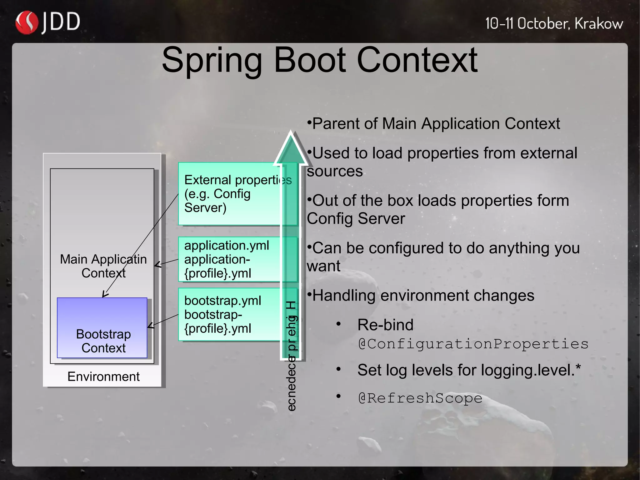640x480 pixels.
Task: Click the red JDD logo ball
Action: tap(26, 23)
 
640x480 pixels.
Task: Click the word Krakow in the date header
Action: tap(598, 24)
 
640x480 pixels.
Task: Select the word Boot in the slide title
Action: tap(310, 60)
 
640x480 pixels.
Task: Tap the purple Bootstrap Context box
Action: tap(102, 327)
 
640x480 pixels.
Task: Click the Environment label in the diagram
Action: tap(103, 376)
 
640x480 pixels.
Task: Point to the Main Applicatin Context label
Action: tap(103, 266)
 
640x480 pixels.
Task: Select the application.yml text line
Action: tap(226, 245)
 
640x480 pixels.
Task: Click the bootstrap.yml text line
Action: tap(222, 301)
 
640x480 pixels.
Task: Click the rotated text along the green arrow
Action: tap(291, 356)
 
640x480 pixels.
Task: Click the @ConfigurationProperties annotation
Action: tap(473, 344)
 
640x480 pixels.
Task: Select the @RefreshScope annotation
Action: tap(420, 398)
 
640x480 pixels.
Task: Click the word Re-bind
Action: tap(385, 325)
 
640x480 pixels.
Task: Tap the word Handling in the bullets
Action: tap(344, 296)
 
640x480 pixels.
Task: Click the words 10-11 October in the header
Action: tap(528, 24)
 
